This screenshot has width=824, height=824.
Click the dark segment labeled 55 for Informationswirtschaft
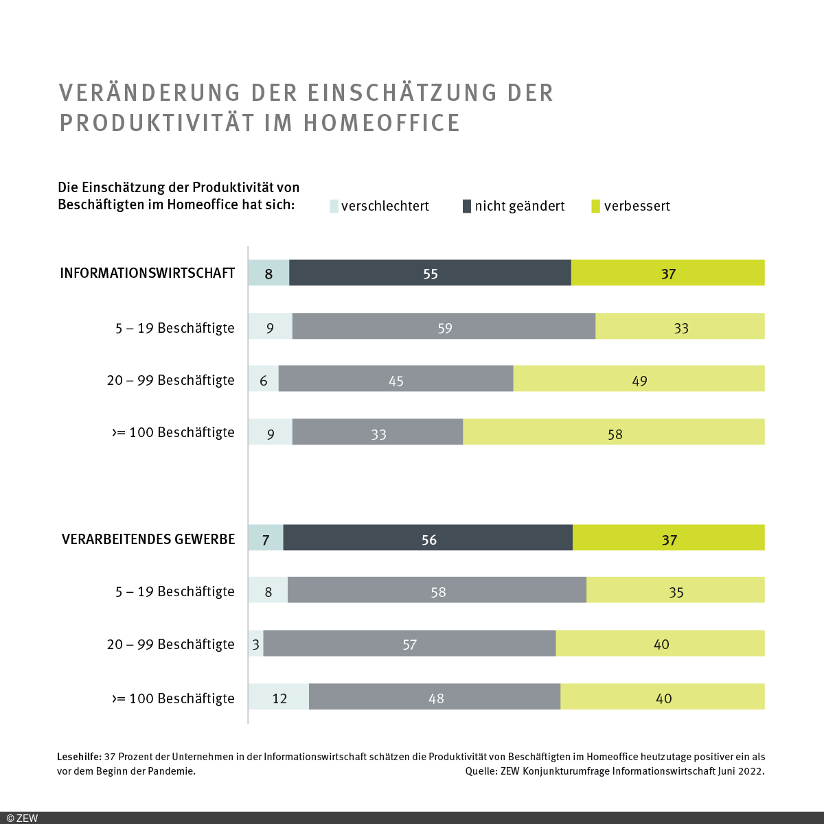pos(430,273)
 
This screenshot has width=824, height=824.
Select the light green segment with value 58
pos(614,432)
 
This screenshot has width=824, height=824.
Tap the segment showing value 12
pos(279,697)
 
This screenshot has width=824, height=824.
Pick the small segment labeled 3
pos(256,644)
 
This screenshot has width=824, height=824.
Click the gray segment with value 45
pos(396,379)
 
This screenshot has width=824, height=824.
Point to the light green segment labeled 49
pos(639,379)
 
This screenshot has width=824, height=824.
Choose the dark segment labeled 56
pos(428,538)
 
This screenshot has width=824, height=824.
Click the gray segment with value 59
pos(444,327)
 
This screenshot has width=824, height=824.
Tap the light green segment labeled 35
pos(676,590)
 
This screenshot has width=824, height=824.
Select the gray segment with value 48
pos(435,697)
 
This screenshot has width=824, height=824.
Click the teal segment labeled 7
pos(266,538)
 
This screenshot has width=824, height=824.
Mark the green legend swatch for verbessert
pos(595,206)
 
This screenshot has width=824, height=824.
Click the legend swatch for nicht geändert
pos(467,206)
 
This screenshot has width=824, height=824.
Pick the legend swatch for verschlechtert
pos(334,206)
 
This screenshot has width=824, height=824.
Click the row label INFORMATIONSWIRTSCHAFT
pos(148,273)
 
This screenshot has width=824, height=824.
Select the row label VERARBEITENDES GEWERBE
pos(148,539)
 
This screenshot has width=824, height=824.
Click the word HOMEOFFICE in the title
pos(382,123)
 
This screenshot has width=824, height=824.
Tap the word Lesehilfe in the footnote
pos(79,757)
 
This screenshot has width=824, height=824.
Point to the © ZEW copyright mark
pos(22,818)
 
